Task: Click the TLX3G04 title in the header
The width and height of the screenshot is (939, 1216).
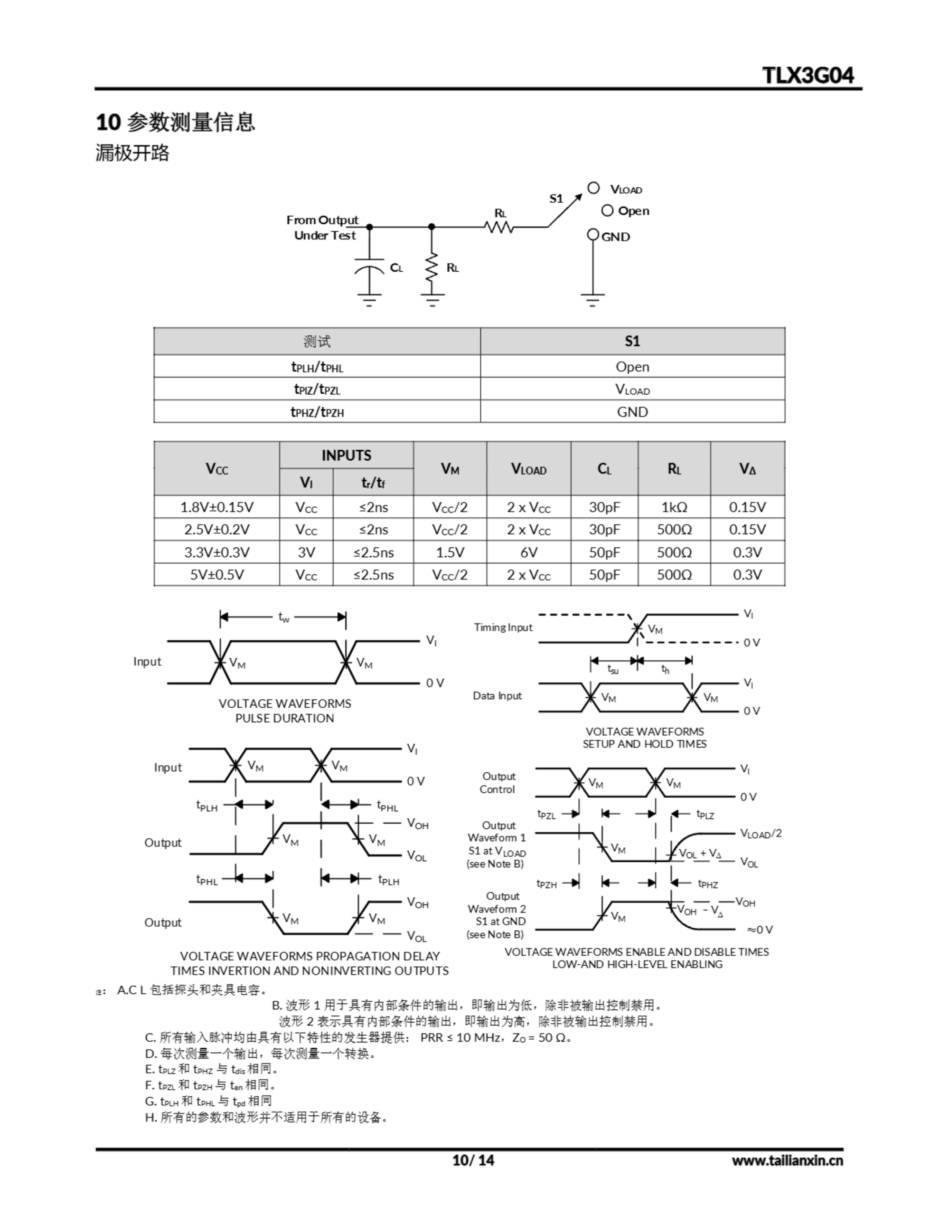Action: coord(807,75)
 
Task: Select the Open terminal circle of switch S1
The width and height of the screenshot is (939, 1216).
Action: coord(607,210)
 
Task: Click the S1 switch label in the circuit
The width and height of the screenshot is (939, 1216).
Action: coord(556,198)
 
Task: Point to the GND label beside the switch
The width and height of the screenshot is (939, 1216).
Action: coord(616,237)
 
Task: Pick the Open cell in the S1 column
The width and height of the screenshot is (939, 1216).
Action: coord(632,366)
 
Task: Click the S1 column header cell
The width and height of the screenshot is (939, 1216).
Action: coord(632,342)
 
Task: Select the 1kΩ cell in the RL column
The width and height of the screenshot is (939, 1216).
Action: coord(674,507)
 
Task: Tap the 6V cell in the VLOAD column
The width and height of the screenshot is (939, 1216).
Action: coord(528,552)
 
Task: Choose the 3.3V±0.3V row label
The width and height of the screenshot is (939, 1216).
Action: coord(216,552)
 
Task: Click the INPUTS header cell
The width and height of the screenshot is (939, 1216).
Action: coord(346,456)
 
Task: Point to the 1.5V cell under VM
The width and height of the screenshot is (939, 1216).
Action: coord(450,552)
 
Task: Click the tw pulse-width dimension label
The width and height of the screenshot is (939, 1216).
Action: coord(284,617)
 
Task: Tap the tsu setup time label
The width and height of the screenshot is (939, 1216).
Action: coord(613,669)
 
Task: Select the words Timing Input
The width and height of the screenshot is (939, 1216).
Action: coord(503,627)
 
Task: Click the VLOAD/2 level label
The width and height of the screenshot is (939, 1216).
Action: coord(761,834)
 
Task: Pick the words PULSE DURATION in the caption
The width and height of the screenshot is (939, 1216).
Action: coord(284,718)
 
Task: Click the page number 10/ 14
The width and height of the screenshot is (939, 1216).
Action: coord(473,1160)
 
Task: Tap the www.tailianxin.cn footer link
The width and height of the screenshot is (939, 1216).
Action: coord(787,1160)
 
